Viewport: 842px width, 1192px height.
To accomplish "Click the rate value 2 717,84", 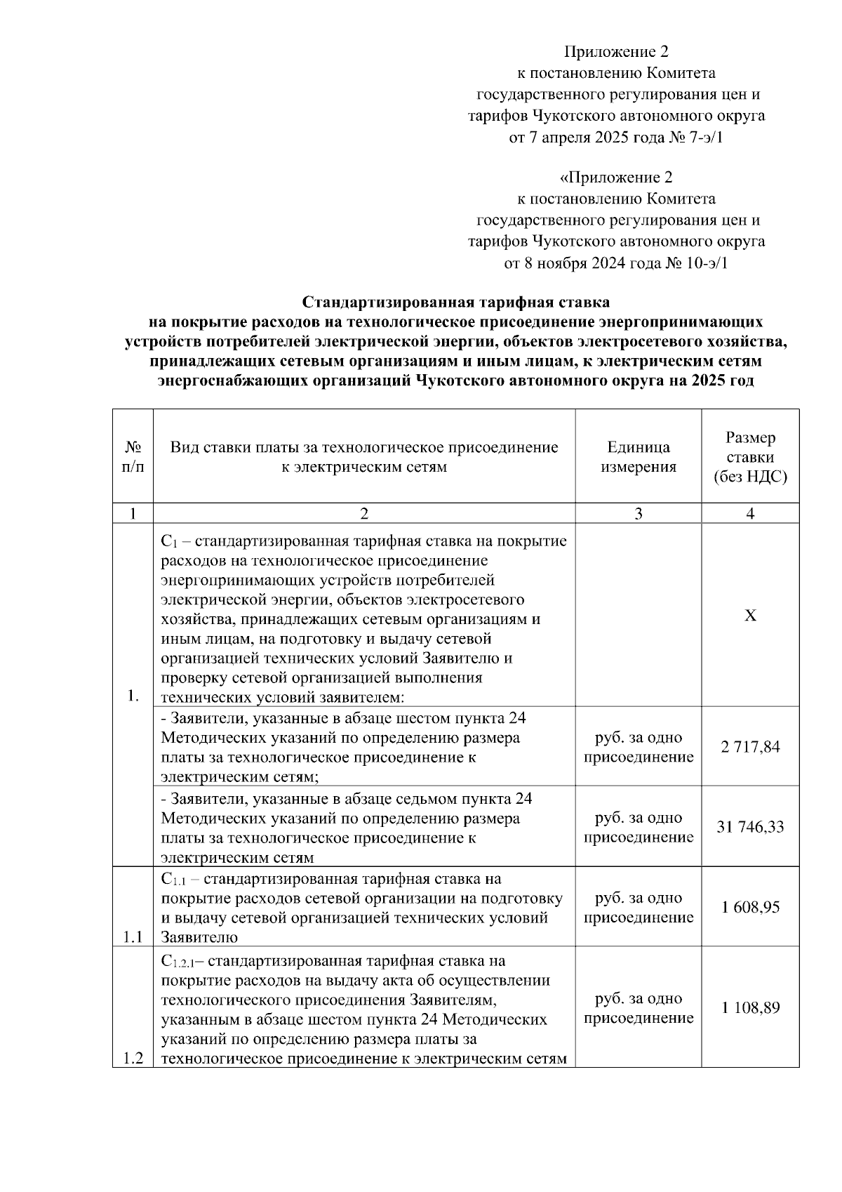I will [x=749, y=747].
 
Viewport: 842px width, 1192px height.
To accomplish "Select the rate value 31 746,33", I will [x=749, y=827].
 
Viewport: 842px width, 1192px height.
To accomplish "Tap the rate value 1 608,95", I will [x=749, y=907].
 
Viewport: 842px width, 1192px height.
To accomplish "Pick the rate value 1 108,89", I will [x=749, y=1007].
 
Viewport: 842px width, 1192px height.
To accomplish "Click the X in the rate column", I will [x=750, y=616].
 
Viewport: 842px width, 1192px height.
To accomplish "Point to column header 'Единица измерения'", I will [x=638, y=457].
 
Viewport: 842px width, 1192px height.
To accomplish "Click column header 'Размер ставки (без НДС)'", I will [x=750, y=457].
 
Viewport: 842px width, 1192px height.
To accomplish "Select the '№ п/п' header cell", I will [x=133, y=457].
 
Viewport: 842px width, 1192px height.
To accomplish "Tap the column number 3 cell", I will [x=638, y=514].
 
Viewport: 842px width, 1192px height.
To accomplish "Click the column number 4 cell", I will [x=750, y=514].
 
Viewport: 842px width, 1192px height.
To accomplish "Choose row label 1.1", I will [x=133, y=936].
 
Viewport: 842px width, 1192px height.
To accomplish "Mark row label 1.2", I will [x=133, y=1059].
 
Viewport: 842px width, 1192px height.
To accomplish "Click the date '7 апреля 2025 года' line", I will [x=616, y=138].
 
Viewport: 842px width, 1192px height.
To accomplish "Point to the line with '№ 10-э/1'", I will [x=616, y=264].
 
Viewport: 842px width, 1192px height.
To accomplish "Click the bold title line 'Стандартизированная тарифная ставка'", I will [x=456, y=302].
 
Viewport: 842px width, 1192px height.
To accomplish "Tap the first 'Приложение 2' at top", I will [x=617, y=52].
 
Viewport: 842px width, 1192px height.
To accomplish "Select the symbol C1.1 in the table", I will [x=173, y=880].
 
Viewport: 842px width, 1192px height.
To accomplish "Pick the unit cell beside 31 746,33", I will [x=638, y=827].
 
